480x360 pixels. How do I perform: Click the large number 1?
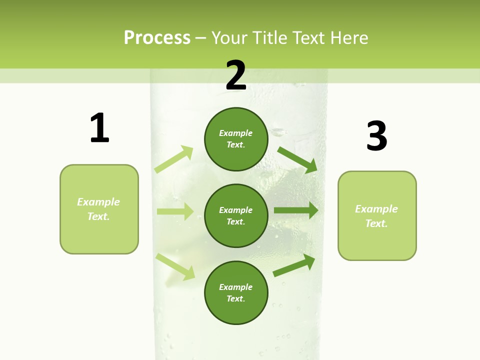point(99,128)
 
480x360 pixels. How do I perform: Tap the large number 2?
point(236,75)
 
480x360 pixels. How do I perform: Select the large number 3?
point(377,135)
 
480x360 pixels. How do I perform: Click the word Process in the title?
point(157,37)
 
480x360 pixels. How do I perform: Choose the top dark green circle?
point(236,139)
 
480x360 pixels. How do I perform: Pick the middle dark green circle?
point(236,215)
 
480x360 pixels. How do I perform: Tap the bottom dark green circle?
point(236,292)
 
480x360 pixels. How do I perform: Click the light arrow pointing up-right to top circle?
point(174,159)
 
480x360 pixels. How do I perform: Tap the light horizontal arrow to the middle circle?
point(175,211)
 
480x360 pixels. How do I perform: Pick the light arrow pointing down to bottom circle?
point(175,266)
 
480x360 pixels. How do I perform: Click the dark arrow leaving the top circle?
point(297,159)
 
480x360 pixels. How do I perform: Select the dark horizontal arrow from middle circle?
point(295,210)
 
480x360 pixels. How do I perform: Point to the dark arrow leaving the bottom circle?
point(294,265)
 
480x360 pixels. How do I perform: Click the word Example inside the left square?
point(98,202)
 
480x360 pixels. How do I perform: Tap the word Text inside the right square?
point(376,223)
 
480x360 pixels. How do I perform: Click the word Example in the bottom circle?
point(235,287)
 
